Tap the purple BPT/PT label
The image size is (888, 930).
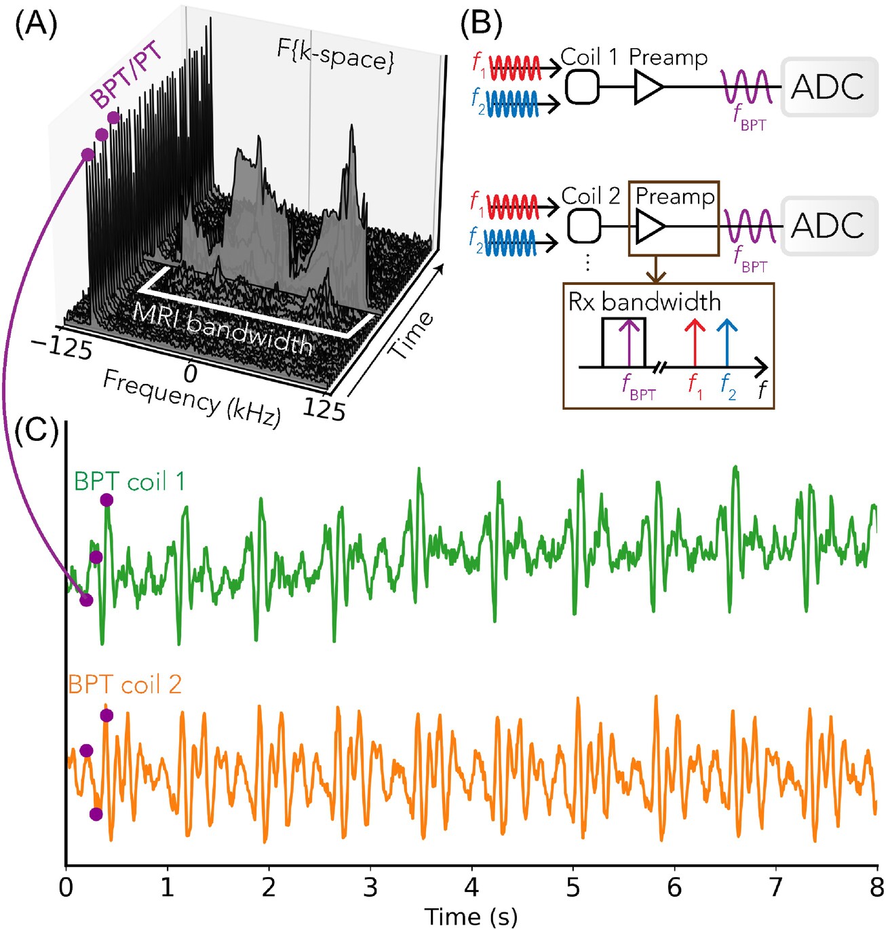tap(128, 74)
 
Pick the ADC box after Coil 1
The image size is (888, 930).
tap(829, 87)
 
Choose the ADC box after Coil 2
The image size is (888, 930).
tap(829, 226)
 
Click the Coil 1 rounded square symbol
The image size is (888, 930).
tap(582, 87)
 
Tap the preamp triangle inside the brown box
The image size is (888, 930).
tap(650, 227)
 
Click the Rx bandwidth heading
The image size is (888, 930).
tap(644, 302)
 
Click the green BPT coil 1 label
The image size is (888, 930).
tap(129, 482)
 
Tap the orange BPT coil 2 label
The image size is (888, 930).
tap(125, 684)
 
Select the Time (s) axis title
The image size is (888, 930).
tap(471, 916)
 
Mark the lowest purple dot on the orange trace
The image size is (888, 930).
tap(96, 814)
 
